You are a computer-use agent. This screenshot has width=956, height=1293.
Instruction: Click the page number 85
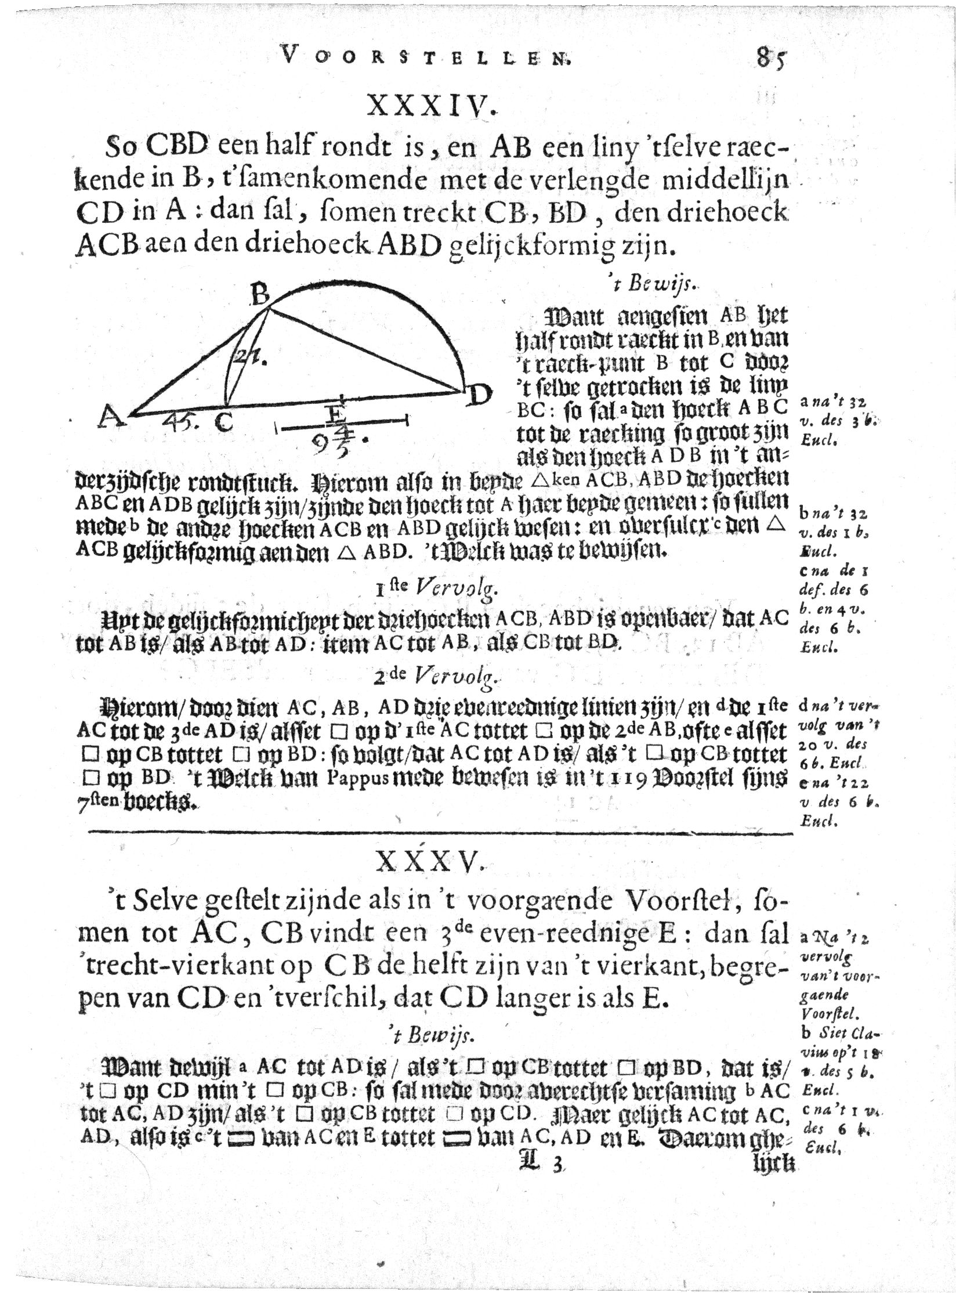[x=770, y=60]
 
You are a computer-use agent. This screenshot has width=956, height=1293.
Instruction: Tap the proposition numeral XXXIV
[x=432, y=110]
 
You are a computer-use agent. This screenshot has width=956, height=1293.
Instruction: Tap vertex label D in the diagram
[x=479, y=396]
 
